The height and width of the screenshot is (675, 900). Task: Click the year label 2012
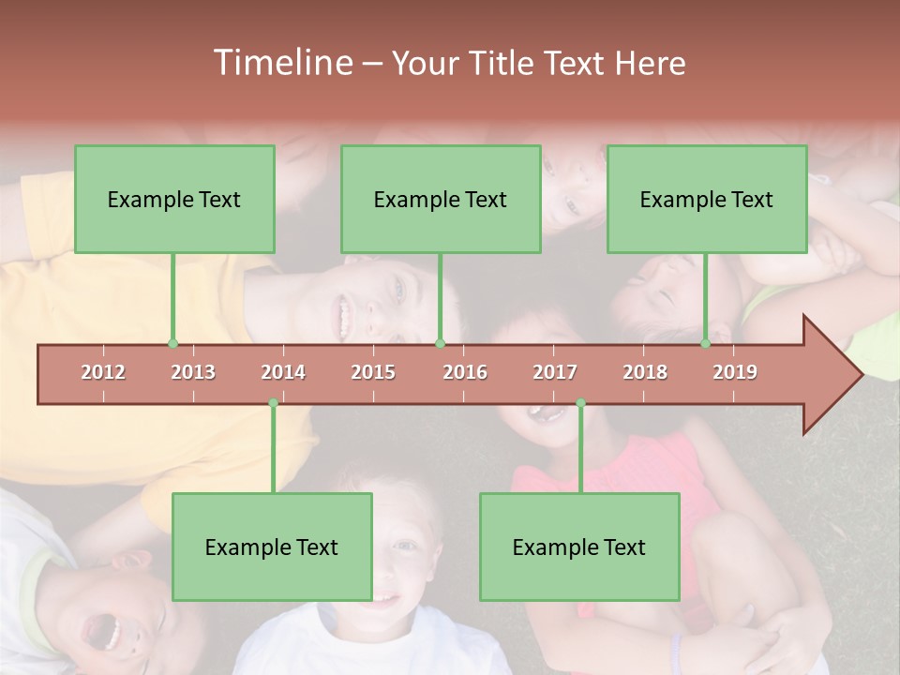(103, 372)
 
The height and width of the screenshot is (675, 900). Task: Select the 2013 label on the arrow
(193, 372)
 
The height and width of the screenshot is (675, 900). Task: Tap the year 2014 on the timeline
(283, 372)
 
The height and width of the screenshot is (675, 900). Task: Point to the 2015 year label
(373, 372)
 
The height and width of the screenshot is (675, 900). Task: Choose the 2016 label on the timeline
(465, 372)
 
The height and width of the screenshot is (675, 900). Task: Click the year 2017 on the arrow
(555, 372)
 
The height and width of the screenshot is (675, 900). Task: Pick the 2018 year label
(645, 372)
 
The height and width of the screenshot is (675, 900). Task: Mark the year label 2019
(735, 372)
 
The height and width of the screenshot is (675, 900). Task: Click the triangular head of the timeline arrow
(830, 375)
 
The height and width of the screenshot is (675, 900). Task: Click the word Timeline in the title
(281, 63)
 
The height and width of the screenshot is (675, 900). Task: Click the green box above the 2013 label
(174, 199)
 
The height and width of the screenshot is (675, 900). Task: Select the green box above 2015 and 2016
(441, 199)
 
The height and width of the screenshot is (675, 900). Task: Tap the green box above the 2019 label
(707, 199)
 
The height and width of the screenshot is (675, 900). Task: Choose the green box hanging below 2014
(272, 547)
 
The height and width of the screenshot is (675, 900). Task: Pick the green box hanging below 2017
(579, 547)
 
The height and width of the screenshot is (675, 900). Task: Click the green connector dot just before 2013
(172, 344)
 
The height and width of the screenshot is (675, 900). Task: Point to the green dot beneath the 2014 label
(273, 403)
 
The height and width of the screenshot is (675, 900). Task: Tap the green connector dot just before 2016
(440, 344)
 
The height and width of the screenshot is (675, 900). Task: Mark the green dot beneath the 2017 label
(580, 403)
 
